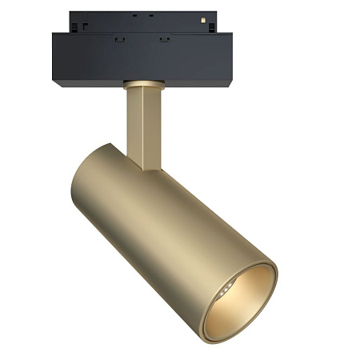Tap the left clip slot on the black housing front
119,38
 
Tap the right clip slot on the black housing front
164,38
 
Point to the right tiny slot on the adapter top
150,15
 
